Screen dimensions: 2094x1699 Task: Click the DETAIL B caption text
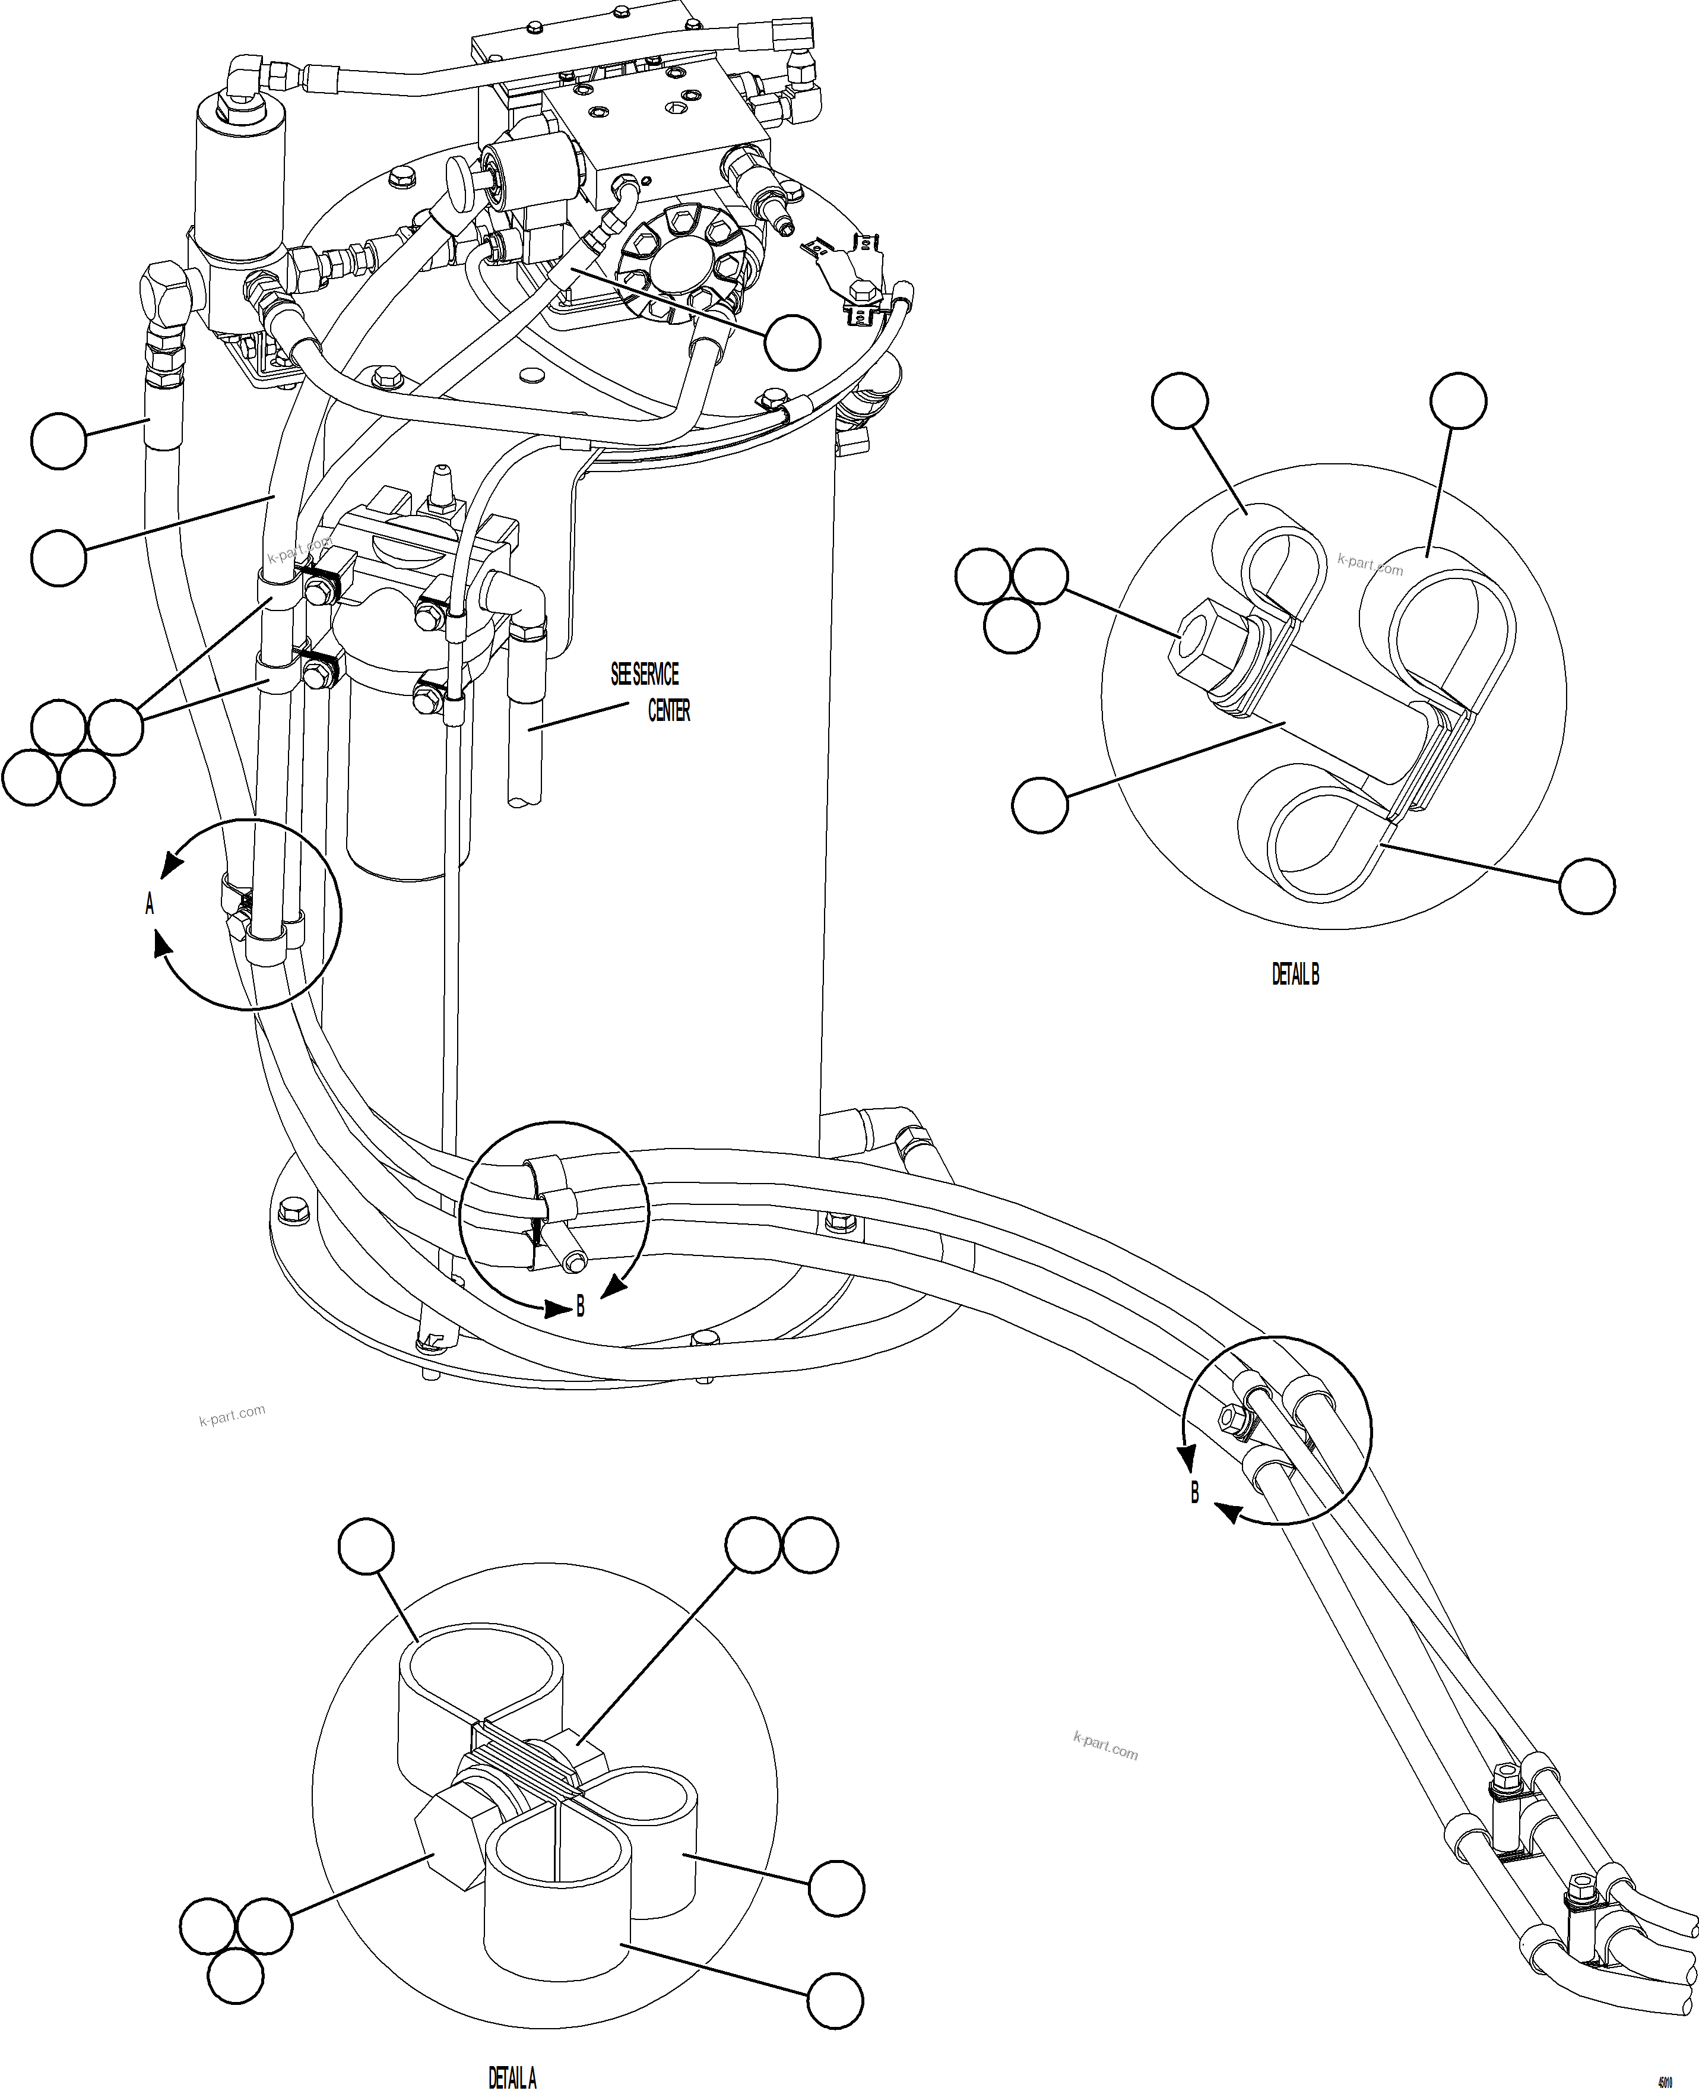[1295, 974]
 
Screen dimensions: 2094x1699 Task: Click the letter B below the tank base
[581, 1306]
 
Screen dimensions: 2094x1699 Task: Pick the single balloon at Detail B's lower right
[1586, 886]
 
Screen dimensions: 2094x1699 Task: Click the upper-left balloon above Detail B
[1180, 400]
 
